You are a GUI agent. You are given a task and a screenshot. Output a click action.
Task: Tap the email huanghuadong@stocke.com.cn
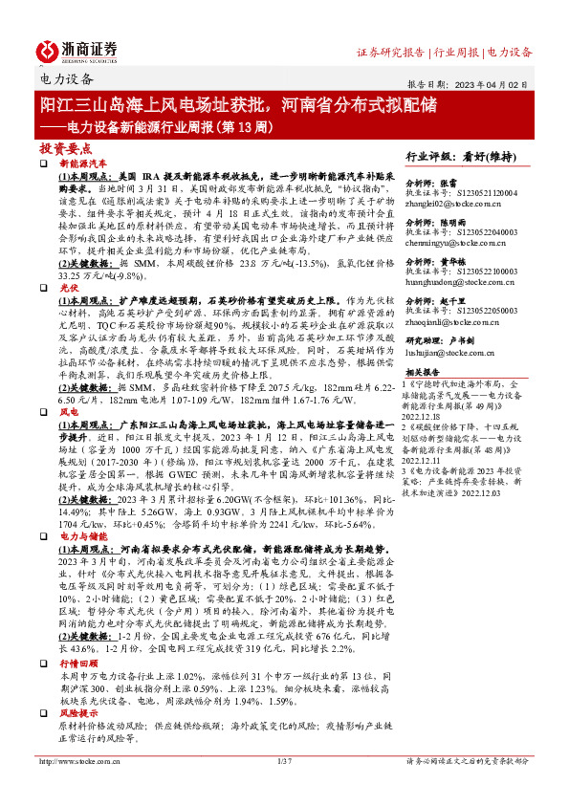pos(466,284)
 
